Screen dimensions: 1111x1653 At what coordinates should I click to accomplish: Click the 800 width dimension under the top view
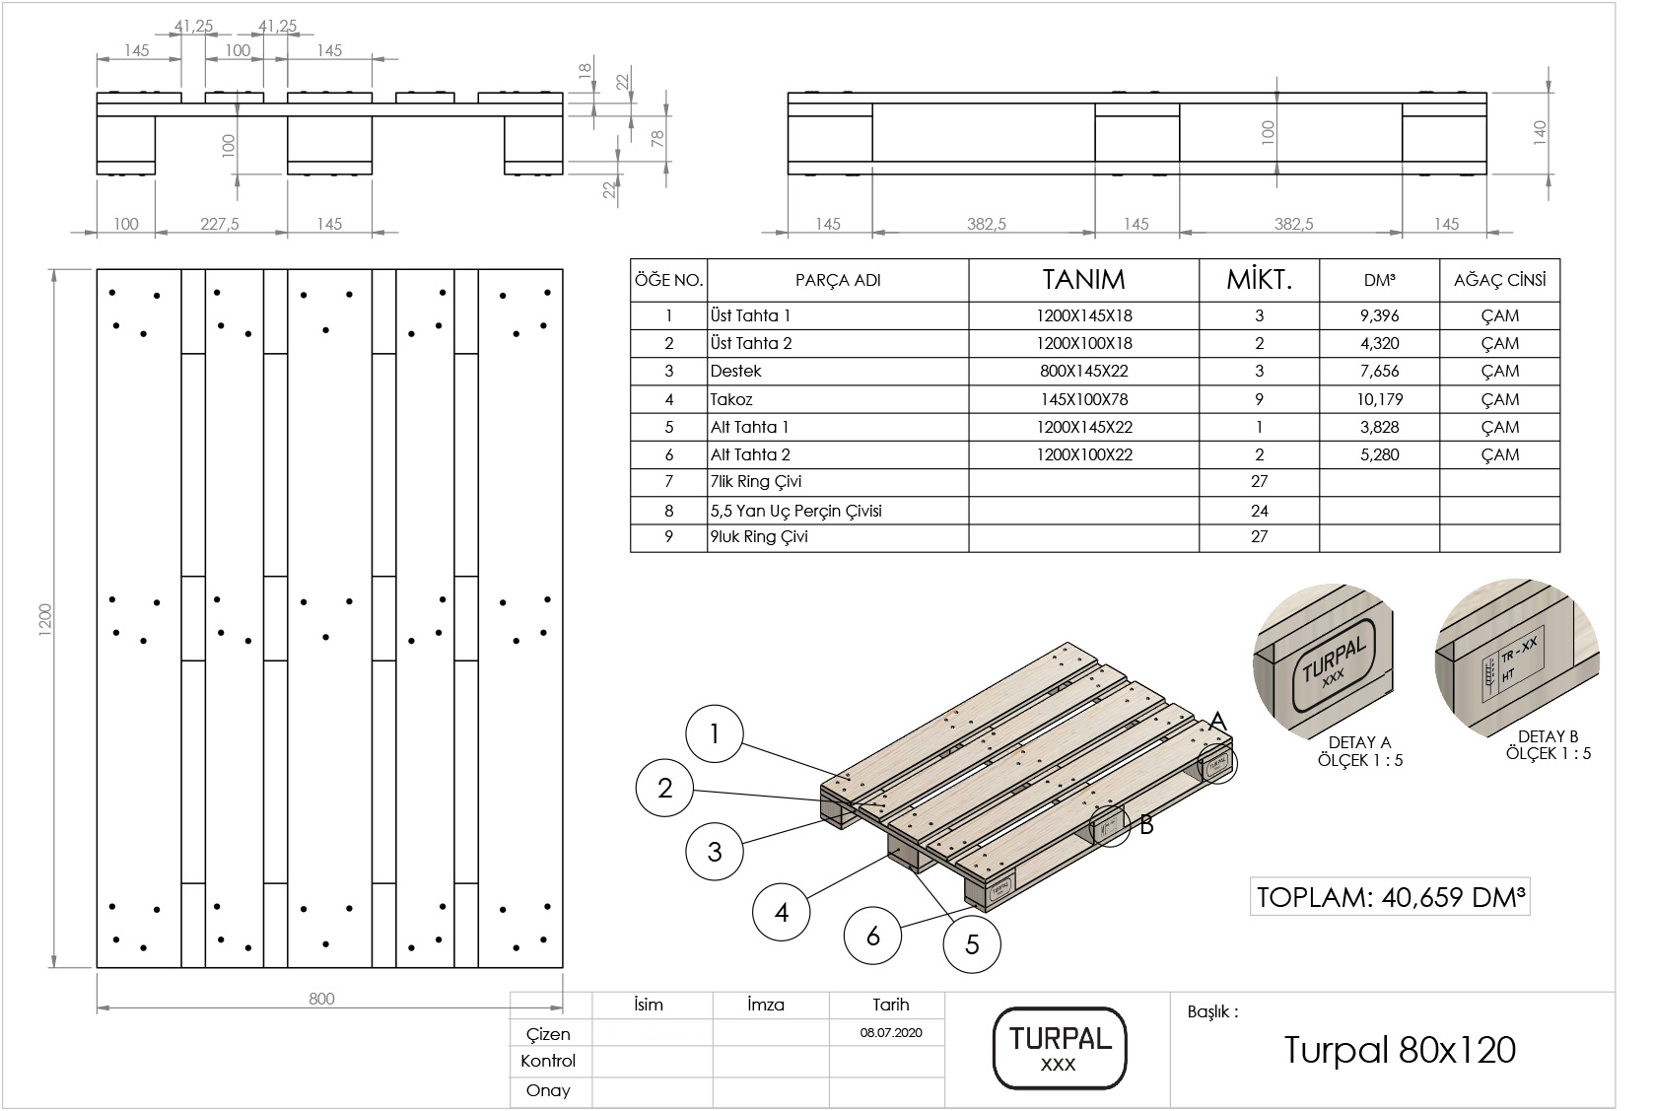click(321, 999)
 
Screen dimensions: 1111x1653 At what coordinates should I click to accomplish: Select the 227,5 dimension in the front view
click(220, 224)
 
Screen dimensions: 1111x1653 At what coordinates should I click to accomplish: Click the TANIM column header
click(1083, 280)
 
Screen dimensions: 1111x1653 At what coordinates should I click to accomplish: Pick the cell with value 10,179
click(1379, 399)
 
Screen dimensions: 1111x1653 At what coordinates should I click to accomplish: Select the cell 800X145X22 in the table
click(1083, 372)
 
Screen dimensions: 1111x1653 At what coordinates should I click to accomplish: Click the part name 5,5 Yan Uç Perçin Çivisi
click(795, 511)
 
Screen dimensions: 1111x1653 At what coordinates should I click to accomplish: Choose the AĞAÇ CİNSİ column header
click(1499, 280)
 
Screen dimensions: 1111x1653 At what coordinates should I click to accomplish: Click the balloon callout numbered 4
click(782, 912)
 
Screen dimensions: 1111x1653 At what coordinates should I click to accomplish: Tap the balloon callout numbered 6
click(872, 935)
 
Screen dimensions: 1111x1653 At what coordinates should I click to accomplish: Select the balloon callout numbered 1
click(714, 733)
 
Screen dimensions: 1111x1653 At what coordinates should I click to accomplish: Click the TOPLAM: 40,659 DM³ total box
click(1390, 897)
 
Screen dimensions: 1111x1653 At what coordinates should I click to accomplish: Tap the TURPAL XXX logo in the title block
click(1058, 1048)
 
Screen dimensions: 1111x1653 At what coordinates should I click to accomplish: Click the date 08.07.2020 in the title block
click(890, 1034)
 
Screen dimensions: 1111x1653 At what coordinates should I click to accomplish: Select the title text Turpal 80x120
click(1399, 1051)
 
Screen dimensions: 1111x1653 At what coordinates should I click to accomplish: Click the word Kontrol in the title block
click(548, 1062)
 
